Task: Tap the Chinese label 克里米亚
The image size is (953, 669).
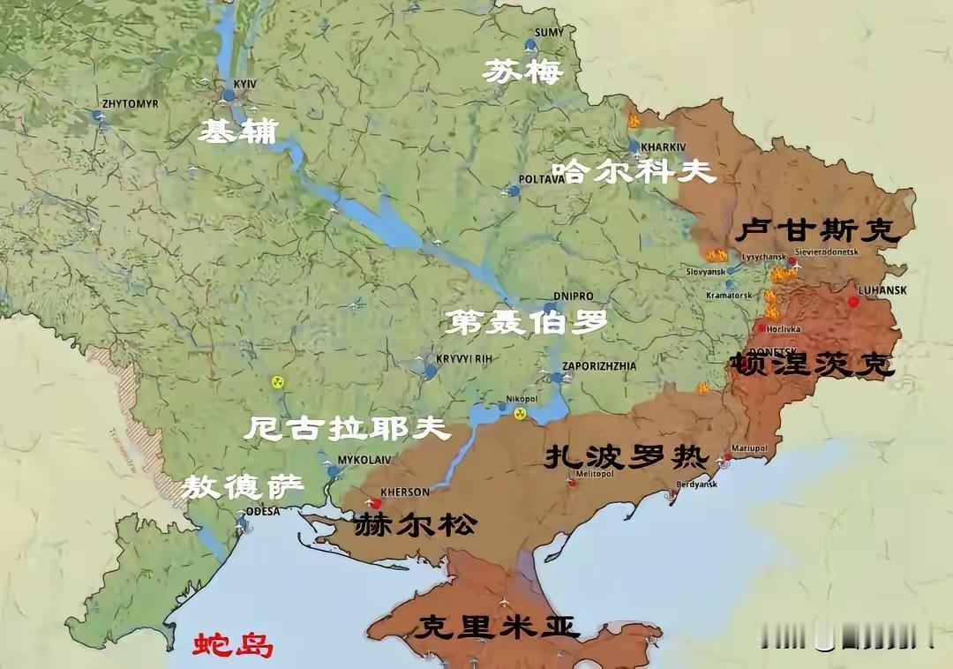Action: (499, 628)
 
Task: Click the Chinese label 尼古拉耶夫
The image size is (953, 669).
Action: (346, 429)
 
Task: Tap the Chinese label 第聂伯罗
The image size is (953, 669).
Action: (527, 322)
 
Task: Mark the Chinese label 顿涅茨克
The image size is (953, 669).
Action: (812, 365)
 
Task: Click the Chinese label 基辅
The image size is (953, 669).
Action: (236, 132)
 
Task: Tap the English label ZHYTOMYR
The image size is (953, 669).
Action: (131, 103)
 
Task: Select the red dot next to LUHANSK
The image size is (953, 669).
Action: (853, 303)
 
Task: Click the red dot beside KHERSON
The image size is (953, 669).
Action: (376, 504)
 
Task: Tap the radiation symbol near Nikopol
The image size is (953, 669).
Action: (520, 412)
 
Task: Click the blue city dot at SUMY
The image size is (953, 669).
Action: (530, 44)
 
